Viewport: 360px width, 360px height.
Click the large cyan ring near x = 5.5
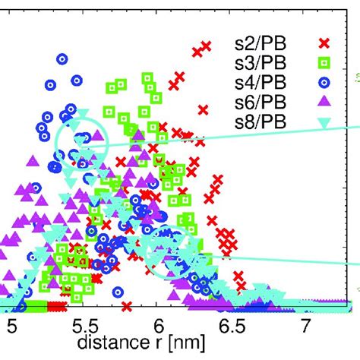point(82,140)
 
